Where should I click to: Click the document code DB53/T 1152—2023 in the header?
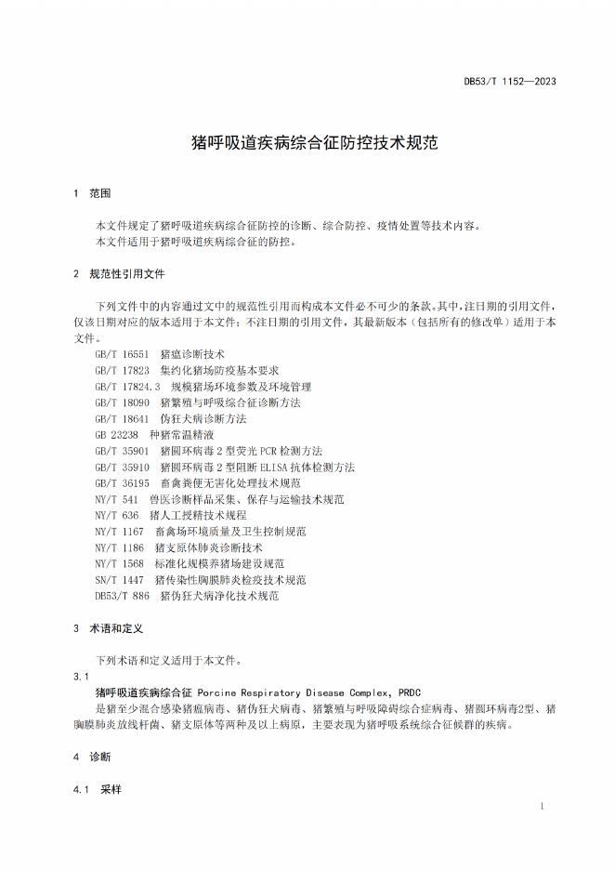(510, 81)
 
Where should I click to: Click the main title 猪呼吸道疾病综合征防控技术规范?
(307, 144)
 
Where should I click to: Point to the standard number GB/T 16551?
(121, 354)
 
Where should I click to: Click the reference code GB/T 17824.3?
(127, 386)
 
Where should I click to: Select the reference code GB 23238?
(116, 434)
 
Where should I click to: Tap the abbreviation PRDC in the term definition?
(409, 692)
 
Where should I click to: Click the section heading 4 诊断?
(91, 757)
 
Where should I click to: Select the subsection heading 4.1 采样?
(97, 789)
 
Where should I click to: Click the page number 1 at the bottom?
(543, 806)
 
